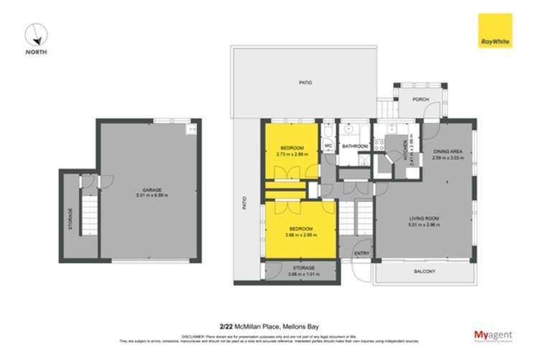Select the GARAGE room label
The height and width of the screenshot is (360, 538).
tap(151, 190)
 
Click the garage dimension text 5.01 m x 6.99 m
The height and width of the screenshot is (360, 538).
tap(151, 195)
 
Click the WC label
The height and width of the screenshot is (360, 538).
tap(328, 146)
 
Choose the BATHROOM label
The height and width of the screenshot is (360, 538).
tap(354, 146)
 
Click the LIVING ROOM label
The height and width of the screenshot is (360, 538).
tap(424, 218)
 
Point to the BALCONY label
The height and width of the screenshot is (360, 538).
tap(424, 271)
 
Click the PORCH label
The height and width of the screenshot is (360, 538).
tap(419, 100)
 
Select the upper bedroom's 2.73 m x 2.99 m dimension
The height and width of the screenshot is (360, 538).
tap(292, 153)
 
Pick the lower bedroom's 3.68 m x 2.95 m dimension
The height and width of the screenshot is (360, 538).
tap(292, 234)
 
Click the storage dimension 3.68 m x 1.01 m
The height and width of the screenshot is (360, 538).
tap(292, 274)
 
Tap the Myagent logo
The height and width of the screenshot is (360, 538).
tap(491, 335)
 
